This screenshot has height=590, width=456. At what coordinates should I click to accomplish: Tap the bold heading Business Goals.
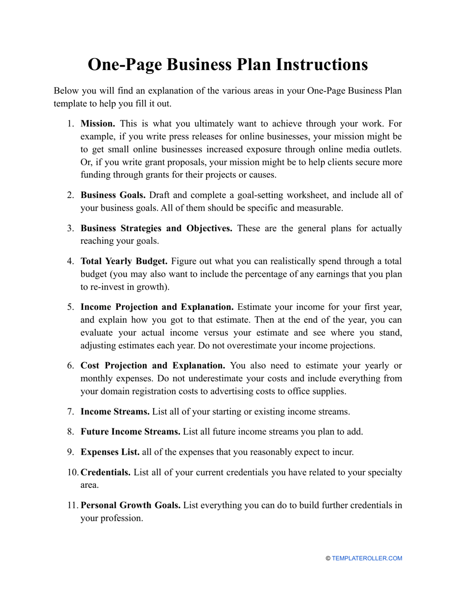pos(113,195)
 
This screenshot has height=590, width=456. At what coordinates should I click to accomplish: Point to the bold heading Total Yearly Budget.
pos(124,261)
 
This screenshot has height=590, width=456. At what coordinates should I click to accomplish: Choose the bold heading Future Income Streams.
pos(130,432)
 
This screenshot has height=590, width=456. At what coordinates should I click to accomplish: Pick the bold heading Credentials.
pos(105,472)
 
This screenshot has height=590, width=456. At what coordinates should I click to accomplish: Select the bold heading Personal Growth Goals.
pos(130,506)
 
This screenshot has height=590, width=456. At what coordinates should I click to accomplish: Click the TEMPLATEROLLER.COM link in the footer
pos(367,558)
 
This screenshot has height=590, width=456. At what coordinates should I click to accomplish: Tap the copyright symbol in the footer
pos(328,558)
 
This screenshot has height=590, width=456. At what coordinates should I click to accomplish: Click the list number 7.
pos(70,412)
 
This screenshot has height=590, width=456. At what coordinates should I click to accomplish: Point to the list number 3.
pos(70,228)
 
